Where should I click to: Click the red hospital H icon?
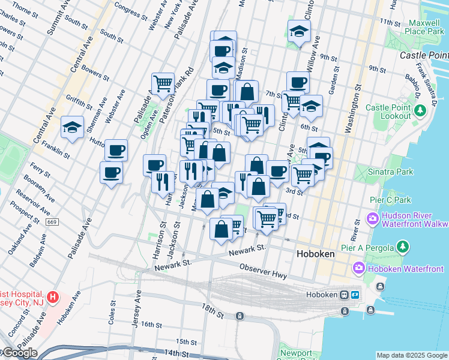coord(53,296)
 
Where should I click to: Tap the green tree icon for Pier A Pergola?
coord(403,247)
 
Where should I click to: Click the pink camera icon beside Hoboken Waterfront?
coord(360,267)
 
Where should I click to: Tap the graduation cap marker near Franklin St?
coord(72,128)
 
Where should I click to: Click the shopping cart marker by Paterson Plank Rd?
coord(162,83)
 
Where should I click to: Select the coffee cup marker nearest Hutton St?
coord(116,149)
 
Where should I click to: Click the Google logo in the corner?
coord(19,353)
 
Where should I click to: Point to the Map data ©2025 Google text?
coord(412,355)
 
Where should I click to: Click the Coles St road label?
coord(112,313)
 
